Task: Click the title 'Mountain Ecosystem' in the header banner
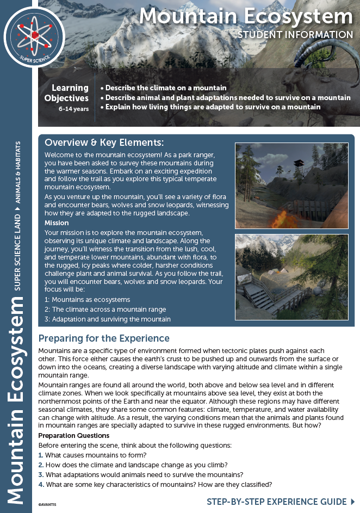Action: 246,17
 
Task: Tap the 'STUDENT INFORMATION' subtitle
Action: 295,35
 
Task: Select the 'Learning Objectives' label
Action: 70,93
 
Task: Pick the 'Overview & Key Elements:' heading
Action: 104,143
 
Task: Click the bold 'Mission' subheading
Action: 57,222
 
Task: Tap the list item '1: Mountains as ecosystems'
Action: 87,299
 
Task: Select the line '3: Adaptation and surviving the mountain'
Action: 108,319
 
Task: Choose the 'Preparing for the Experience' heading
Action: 104,338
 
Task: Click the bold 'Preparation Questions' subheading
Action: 74,436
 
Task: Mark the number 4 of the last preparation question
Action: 41,485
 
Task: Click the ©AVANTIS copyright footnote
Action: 48,504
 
